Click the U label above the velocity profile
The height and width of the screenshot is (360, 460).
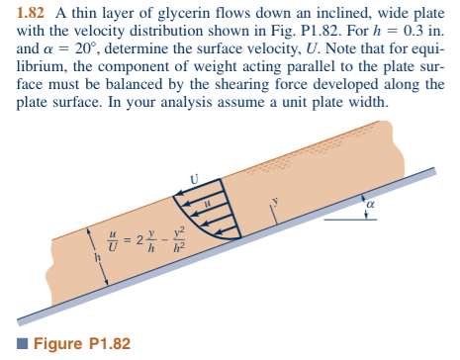pos(194,179)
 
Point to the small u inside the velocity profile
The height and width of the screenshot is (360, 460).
pos(208,205)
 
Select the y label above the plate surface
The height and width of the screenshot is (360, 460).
pos(277,198)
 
